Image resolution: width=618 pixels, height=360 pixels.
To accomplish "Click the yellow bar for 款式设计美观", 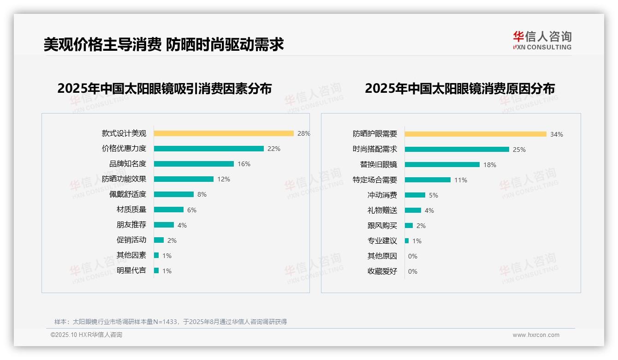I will pyautogui.click(x=224, y=133).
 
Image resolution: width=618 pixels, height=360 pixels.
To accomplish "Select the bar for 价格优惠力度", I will pyautogui.click(x=208, y=149).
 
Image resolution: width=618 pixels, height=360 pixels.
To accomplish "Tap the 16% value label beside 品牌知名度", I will pyautogui.click(x=244, y=164).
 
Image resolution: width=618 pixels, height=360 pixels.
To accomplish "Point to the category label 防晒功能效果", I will pyautogui.click(x=124, y=179).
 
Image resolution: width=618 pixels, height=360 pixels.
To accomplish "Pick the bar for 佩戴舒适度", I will pyautogui.click(x=173, y=194).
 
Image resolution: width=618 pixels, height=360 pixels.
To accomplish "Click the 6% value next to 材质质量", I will pyautogui.click(x=191, y=210).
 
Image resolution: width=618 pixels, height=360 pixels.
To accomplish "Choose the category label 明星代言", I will pyautogui.click(x=131, y=270).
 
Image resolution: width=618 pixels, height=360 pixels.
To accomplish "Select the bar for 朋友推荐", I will pyautogui.click(x=164, y=225).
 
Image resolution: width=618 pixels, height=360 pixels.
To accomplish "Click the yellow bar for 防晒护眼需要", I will pyautogui.click(x=475, y=134).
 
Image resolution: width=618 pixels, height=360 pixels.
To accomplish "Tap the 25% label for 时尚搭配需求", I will pyautogui.click(x=519, y=150).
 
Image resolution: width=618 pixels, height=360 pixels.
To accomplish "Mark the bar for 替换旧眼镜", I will pyautogui.click(x=442, y=165).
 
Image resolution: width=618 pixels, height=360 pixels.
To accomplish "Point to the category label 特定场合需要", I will pyautogui.click(x=374, y=180).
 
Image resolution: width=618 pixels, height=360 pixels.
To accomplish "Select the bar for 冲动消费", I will pyautogui.click(x=415, y=195).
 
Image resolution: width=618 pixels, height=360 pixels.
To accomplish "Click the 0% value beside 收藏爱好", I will pyautogui.click(x=412, y=271).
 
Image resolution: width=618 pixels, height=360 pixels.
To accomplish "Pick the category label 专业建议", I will pyautogui.click(x=382, y=241).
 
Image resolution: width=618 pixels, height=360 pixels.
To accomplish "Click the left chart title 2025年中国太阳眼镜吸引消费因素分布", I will pyautogui.click(x=164, y=89).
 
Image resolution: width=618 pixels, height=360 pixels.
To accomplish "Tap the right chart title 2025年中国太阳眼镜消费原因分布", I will pyautogui.click(x=459, y=89).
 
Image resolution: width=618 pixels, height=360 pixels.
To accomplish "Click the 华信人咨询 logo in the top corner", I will pyautogui.click(x=542, y=40).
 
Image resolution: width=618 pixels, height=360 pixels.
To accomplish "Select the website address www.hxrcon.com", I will pyautogui.click(x=535, y=335).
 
